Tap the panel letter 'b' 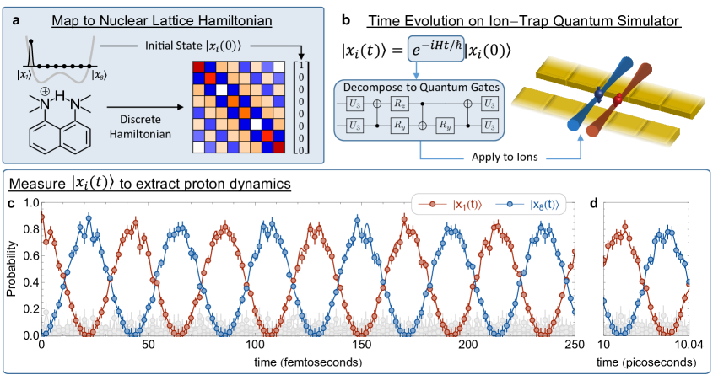pos(346,18)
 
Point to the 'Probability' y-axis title pos(9,269)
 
